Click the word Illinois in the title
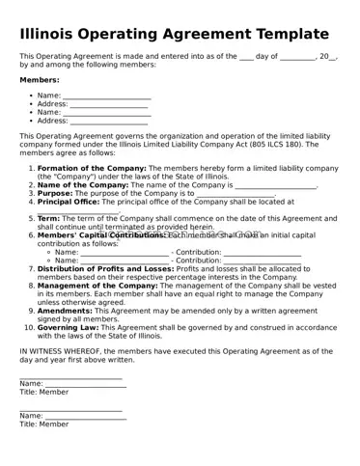coord(53,34)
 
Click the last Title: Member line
coord(44,424)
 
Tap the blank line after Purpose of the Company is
coord(235,194)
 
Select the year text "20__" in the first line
coord(328,56)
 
